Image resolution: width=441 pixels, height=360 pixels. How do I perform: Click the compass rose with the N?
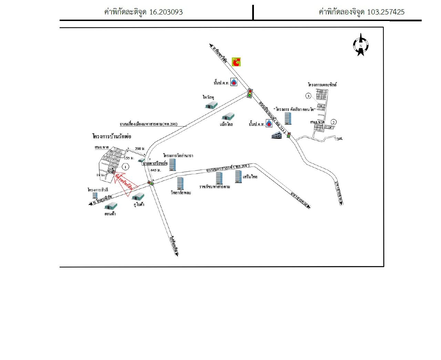pyautogui.click(x=360, y=45)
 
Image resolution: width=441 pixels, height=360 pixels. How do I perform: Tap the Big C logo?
pyautogui.click(x=236, y=61)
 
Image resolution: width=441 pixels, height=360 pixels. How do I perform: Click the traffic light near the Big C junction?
pyautogui.click(x=250, y=93)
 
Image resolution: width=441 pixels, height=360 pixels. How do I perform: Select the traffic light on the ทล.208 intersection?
pyautogui.click(x=151, y=183)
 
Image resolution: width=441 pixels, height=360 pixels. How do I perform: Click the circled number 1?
pyautogui.click(x=126, y=167)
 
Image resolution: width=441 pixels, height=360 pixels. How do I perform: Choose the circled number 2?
pyautogui.click(x=334, y=122)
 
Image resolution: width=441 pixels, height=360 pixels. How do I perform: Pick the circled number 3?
pyautogui.click(x=309, y=96)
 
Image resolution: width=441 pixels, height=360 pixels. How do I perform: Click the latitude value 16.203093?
pyautogui.click(x=166, y=12)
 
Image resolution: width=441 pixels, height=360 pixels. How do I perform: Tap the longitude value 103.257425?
pyautogui.click(x=386, y=12)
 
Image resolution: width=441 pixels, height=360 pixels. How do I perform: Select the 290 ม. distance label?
pyautogui.click(x=139, y=148)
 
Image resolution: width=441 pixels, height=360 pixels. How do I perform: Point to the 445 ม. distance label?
pyautogui.click(x=156, y=170)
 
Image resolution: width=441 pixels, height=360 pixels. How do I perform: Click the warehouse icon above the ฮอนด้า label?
pyautogui.click(x=111, y=206)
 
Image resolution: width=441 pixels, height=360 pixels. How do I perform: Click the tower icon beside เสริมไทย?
pyautogui.click(x=238, y=176)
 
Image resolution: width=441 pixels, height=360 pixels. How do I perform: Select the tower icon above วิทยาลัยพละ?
pyautogui.click(x=180, y=183)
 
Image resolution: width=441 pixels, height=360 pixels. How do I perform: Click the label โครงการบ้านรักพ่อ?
pyautogui.click(x=112, y=137)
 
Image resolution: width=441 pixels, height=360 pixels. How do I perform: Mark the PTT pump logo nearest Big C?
pyautogui.click(x=234, y=83)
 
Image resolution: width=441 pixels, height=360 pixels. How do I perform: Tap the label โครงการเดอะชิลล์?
pyautogui.click(x=322, y=84)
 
